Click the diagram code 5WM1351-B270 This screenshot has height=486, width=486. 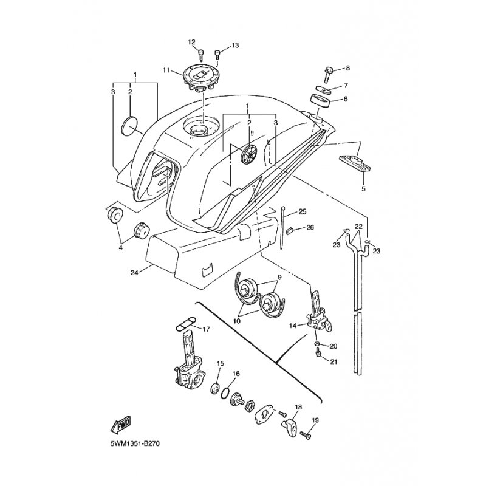(x=135, y=444)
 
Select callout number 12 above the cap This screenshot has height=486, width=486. (x=192, y=42)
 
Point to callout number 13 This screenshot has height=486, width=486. (x=235, y=46)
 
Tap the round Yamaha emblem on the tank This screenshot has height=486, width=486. (x=249, y=154)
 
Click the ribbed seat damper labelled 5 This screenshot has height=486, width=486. (x=355, y=163)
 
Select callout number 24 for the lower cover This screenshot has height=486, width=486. (x=134, y=273)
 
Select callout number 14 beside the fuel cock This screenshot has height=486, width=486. (x=293, y=326)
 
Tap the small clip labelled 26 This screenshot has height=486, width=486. (x=290, y=230)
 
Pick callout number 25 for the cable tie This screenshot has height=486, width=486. (x=302, y=211)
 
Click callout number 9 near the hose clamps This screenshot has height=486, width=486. (x=279, y=278)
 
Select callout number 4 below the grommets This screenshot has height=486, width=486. (x=120, y=248)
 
